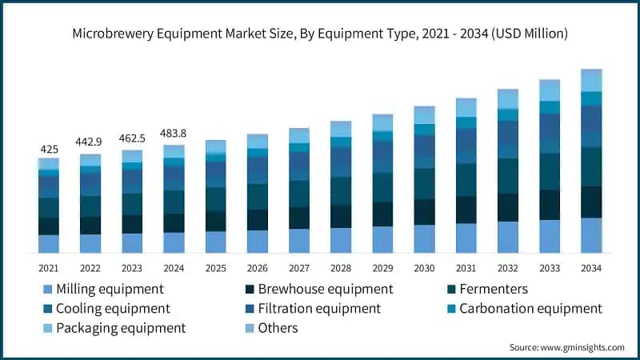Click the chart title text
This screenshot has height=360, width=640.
(x=320, y=34)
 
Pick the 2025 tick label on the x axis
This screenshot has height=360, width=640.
(x=215, y=267)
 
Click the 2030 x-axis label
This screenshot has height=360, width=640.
(x=424, y=267)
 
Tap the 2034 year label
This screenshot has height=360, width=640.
(x=591, y=267)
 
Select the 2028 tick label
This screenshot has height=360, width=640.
(x=341, y=267)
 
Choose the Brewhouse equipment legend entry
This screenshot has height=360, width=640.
(x=318, y=289)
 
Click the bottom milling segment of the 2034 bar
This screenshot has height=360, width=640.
(x=591, y=235)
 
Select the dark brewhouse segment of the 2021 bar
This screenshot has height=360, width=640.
(x=49, y=226)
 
